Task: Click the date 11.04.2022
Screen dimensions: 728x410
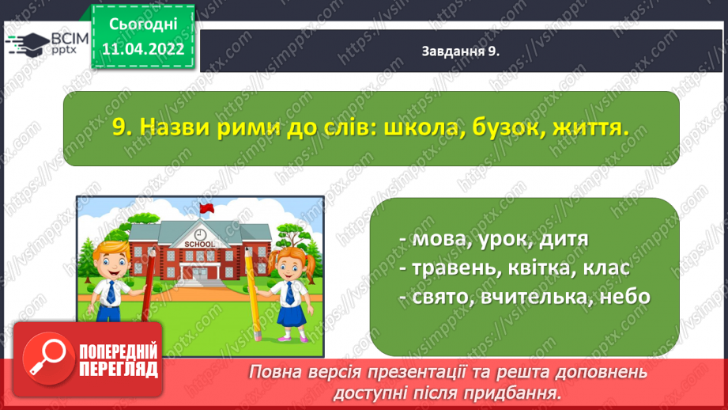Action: pos(143,49)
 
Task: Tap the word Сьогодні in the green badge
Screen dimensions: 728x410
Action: pos(143,25)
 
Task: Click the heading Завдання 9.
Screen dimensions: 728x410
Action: pos(460,51)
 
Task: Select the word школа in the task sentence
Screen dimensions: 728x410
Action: pos(421,127)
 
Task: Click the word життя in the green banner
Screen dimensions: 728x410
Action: pos(590,127)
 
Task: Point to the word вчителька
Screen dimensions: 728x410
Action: pos(536,297)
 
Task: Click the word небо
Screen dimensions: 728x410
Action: pos(625,297)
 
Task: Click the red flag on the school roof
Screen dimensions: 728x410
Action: pos(206,208)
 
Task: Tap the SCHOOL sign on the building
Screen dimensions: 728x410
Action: pos(200,244)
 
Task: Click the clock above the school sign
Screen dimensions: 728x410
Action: pos(200,233)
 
